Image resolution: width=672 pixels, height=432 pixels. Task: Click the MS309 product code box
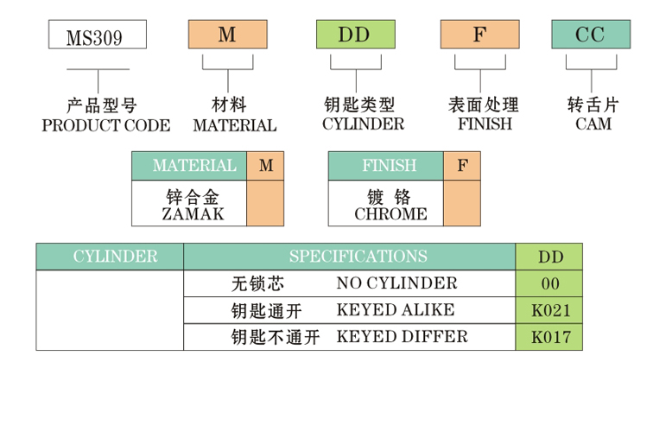tap(95, 35)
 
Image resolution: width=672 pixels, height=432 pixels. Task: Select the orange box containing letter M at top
tap(227, 35)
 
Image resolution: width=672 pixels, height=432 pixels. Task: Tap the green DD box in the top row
tap(355, 35)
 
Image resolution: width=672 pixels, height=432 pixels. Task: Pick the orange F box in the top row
tap(479, 35)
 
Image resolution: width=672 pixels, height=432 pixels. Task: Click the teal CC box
tap(592, 35)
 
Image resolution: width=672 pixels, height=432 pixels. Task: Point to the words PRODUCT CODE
tap(106, 125)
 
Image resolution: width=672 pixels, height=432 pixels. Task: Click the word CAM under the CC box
tap(593, 124)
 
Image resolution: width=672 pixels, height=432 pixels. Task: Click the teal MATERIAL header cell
tap(189, 166)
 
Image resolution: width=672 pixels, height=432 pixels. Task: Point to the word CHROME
tap(390, 214)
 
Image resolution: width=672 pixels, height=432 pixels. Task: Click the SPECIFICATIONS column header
tap(358, 257)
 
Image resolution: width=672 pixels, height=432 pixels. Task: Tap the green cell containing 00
tap(549, 284)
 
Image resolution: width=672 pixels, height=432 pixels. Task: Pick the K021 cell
tap(549, 310)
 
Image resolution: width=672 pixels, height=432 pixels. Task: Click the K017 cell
tap(549, 337)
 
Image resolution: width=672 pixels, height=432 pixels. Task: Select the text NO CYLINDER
tap(396, 283)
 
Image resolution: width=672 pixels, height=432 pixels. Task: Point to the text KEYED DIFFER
tap(402, 337)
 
